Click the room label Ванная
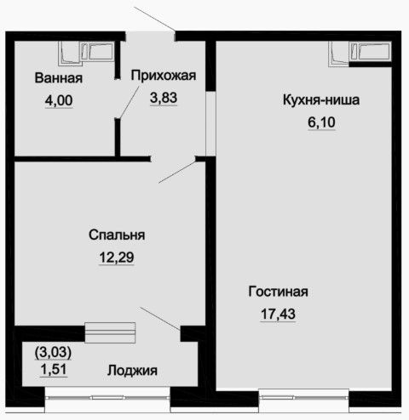click(59, 78)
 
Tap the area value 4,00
click(59, 100)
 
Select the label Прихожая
click(164, 76)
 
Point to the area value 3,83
click(164, 98)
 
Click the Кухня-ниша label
click(321, 99)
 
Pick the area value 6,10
click(321, 122)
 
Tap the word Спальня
click(117, 235)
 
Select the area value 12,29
click(117, 258)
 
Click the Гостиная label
click(278, 292)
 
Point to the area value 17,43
click(278, 314)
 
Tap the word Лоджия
click(132, 371)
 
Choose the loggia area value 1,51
click(54, 369)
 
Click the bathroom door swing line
click(129, 102)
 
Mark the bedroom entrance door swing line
click(177, 172)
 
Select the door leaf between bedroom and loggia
click(160, 318)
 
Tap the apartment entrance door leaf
click(154, 19)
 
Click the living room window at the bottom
click(303, 397)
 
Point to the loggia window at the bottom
click(107, 398)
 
